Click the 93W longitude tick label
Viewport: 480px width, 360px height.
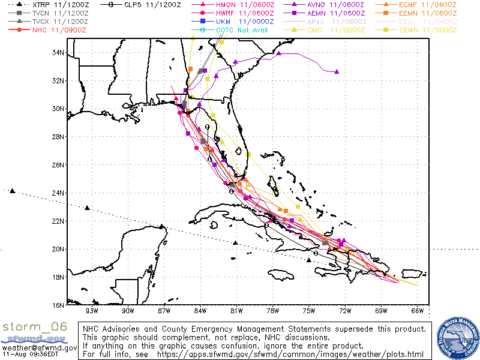point(92,311)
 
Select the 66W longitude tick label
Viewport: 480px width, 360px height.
point(418,311)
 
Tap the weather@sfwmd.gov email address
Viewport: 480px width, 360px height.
point(39,347)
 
